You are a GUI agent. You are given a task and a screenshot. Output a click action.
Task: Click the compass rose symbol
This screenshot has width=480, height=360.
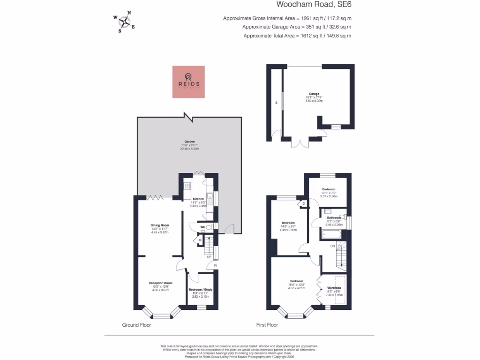click(124, 22)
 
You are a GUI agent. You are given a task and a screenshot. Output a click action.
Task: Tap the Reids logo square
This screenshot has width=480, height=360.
click(188, 82)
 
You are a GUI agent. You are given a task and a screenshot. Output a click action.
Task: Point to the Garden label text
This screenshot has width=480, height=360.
click(189, 141)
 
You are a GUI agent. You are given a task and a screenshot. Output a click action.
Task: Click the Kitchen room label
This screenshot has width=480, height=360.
click(198, 199)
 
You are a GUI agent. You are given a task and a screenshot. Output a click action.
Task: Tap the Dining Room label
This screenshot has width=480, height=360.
click(159, 225)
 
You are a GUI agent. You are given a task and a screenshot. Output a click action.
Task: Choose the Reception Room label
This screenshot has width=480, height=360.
click(161, 283)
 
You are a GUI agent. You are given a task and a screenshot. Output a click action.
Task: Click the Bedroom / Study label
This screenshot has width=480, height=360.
click(201, 290)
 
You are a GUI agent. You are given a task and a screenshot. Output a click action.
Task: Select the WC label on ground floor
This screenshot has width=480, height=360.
click(202, 227)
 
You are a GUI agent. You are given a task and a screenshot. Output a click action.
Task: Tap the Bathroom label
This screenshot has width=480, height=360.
click(334, 217)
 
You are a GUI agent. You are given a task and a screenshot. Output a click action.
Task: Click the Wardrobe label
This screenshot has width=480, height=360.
click(334, 288)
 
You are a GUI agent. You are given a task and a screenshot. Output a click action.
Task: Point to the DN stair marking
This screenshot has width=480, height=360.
click(332, 246)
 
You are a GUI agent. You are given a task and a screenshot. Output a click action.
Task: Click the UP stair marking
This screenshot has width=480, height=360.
click(209, 257)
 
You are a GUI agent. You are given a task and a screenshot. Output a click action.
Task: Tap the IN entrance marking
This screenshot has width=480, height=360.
click(216, 266)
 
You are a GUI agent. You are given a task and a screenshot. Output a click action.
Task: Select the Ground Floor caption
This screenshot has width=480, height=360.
click(136, 325)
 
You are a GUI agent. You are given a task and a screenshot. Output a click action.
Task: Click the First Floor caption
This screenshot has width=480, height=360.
click(267, 325)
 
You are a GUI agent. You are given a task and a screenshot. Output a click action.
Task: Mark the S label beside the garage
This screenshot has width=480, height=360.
click(276, 102)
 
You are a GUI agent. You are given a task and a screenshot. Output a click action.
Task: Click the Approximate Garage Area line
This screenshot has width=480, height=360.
click(297, 27)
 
